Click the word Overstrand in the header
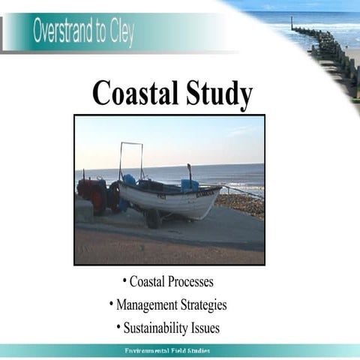(65, 33)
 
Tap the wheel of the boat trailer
(153, 218)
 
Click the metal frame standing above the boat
(130, 158)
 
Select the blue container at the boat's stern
(190, 185)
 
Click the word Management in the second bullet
(145, 305)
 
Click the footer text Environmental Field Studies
(167, 351)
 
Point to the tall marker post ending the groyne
(292, 23)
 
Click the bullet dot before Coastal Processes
(124, 281)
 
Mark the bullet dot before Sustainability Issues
(118, 328)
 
